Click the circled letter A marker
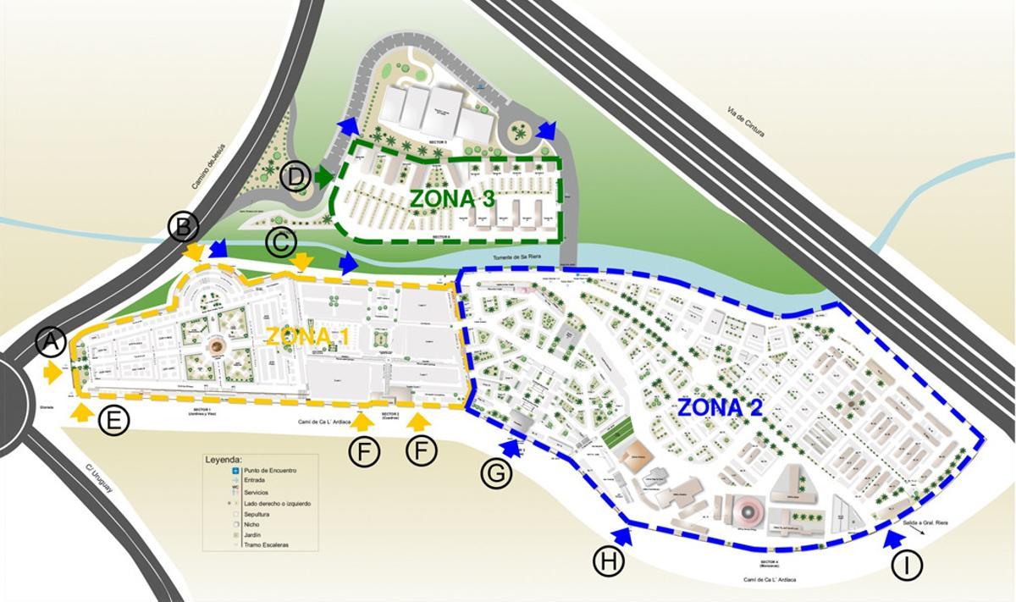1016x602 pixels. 51,343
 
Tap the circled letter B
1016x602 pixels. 183,227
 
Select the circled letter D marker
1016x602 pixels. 295,178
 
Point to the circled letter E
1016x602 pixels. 113,421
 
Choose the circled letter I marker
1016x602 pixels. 908,566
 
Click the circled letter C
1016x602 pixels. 280,243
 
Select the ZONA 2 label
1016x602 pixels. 721,407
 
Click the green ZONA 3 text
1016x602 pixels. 453,199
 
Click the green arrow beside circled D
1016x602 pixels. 323,178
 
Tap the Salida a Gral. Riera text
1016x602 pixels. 925,523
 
